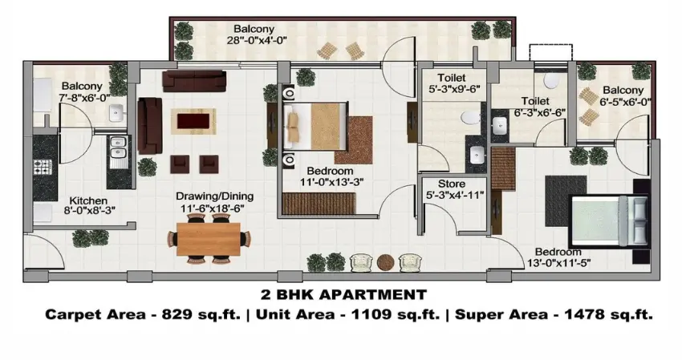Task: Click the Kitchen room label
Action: [88, 201]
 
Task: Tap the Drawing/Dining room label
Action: [214, 196]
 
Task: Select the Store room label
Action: [452, 184]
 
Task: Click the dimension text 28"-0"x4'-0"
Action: [257, 40]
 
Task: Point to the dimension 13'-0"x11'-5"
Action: [558, 263]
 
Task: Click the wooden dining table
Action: [209, 239]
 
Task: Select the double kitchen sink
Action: [118, 147]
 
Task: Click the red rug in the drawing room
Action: [194, 121]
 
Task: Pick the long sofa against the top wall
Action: [194, 81]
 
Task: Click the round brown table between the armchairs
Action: [385, 262]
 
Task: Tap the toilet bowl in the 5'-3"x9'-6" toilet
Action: [469, 117]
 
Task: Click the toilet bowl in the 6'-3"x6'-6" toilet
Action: [551, 80]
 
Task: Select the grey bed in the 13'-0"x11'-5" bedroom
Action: [610, 221]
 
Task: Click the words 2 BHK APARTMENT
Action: [343, 295]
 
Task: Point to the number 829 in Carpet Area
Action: [177, 314]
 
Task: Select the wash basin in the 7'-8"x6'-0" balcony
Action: [116, 113]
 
